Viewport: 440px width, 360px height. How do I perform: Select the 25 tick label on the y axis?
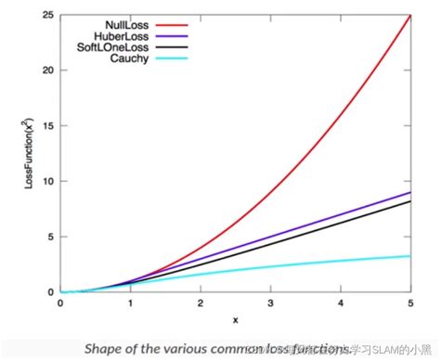point(47,16)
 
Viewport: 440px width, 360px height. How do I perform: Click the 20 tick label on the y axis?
point(47,71)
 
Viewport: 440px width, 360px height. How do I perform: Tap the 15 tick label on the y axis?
point(47,126)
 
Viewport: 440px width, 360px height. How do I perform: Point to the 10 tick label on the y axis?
point(47,181)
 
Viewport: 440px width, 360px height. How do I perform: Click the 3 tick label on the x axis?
point(270,303)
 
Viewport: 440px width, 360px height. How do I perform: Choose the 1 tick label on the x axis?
point(130,303)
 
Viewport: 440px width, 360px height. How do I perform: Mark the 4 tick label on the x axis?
point(341,303)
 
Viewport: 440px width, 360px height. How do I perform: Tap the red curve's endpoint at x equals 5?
point(410,16)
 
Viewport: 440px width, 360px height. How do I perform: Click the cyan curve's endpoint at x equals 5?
point(410,256)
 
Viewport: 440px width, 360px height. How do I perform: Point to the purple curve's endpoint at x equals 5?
point(410,193)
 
